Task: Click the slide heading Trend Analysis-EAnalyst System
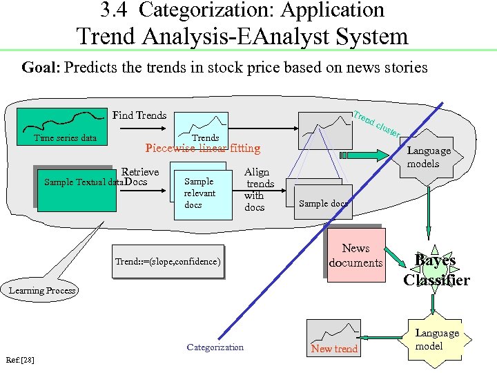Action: pyautogui.click(x=242, y=36)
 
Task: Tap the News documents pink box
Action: pyautogui.click(x=355, y=256)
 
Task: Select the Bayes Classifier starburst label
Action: pyautogui.click(x=436, y=270)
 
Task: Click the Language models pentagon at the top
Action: pyautogui.click(x=429, y=157)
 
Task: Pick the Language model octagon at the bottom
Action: pyautogui.click(x=436, y=339)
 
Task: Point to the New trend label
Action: pyautogui.click(x=334, y=349)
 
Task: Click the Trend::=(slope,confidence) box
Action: pyautogui.click(x=168, y=262)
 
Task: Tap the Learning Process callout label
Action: pyautogui.click(x=42, y=290)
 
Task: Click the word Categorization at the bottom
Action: pyautogui.click(x=215, y=347)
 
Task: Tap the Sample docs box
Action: pyautogui.click(x=323, y=202)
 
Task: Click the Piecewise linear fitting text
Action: pyautogui.click(x=202, y=148)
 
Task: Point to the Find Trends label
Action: pyautogui.click(x=139, y=115)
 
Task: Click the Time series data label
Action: pyautogui.click(x=66, y=138)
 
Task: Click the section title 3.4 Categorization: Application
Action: pyautogui.click(x=242, y=10)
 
